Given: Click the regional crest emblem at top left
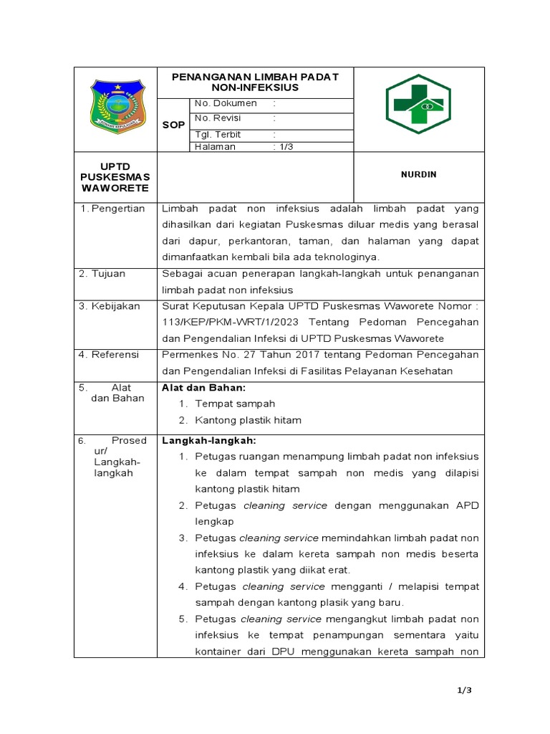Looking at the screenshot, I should click(115, 108).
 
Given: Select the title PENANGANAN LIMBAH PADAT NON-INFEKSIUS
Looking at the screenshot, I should click(255, 82).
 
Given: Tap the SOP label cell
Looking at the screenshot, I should click(173, 125).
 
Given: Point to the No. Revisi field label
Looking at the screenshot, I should click(218, 118).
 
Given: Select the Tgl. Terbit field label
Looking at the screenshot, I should click(218, 134).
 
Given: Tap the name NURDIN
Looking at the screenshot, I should click(419, 174).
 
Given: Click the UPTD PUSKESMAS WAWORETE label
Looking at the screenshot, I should click(115, 177).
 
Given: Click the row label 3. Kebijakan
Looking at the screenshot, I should click(110, 306).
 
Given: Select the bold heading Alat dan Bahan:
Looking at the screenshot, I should click(203, 387).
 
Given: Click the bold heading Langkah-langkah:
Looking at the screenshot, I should click(208, 440).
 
